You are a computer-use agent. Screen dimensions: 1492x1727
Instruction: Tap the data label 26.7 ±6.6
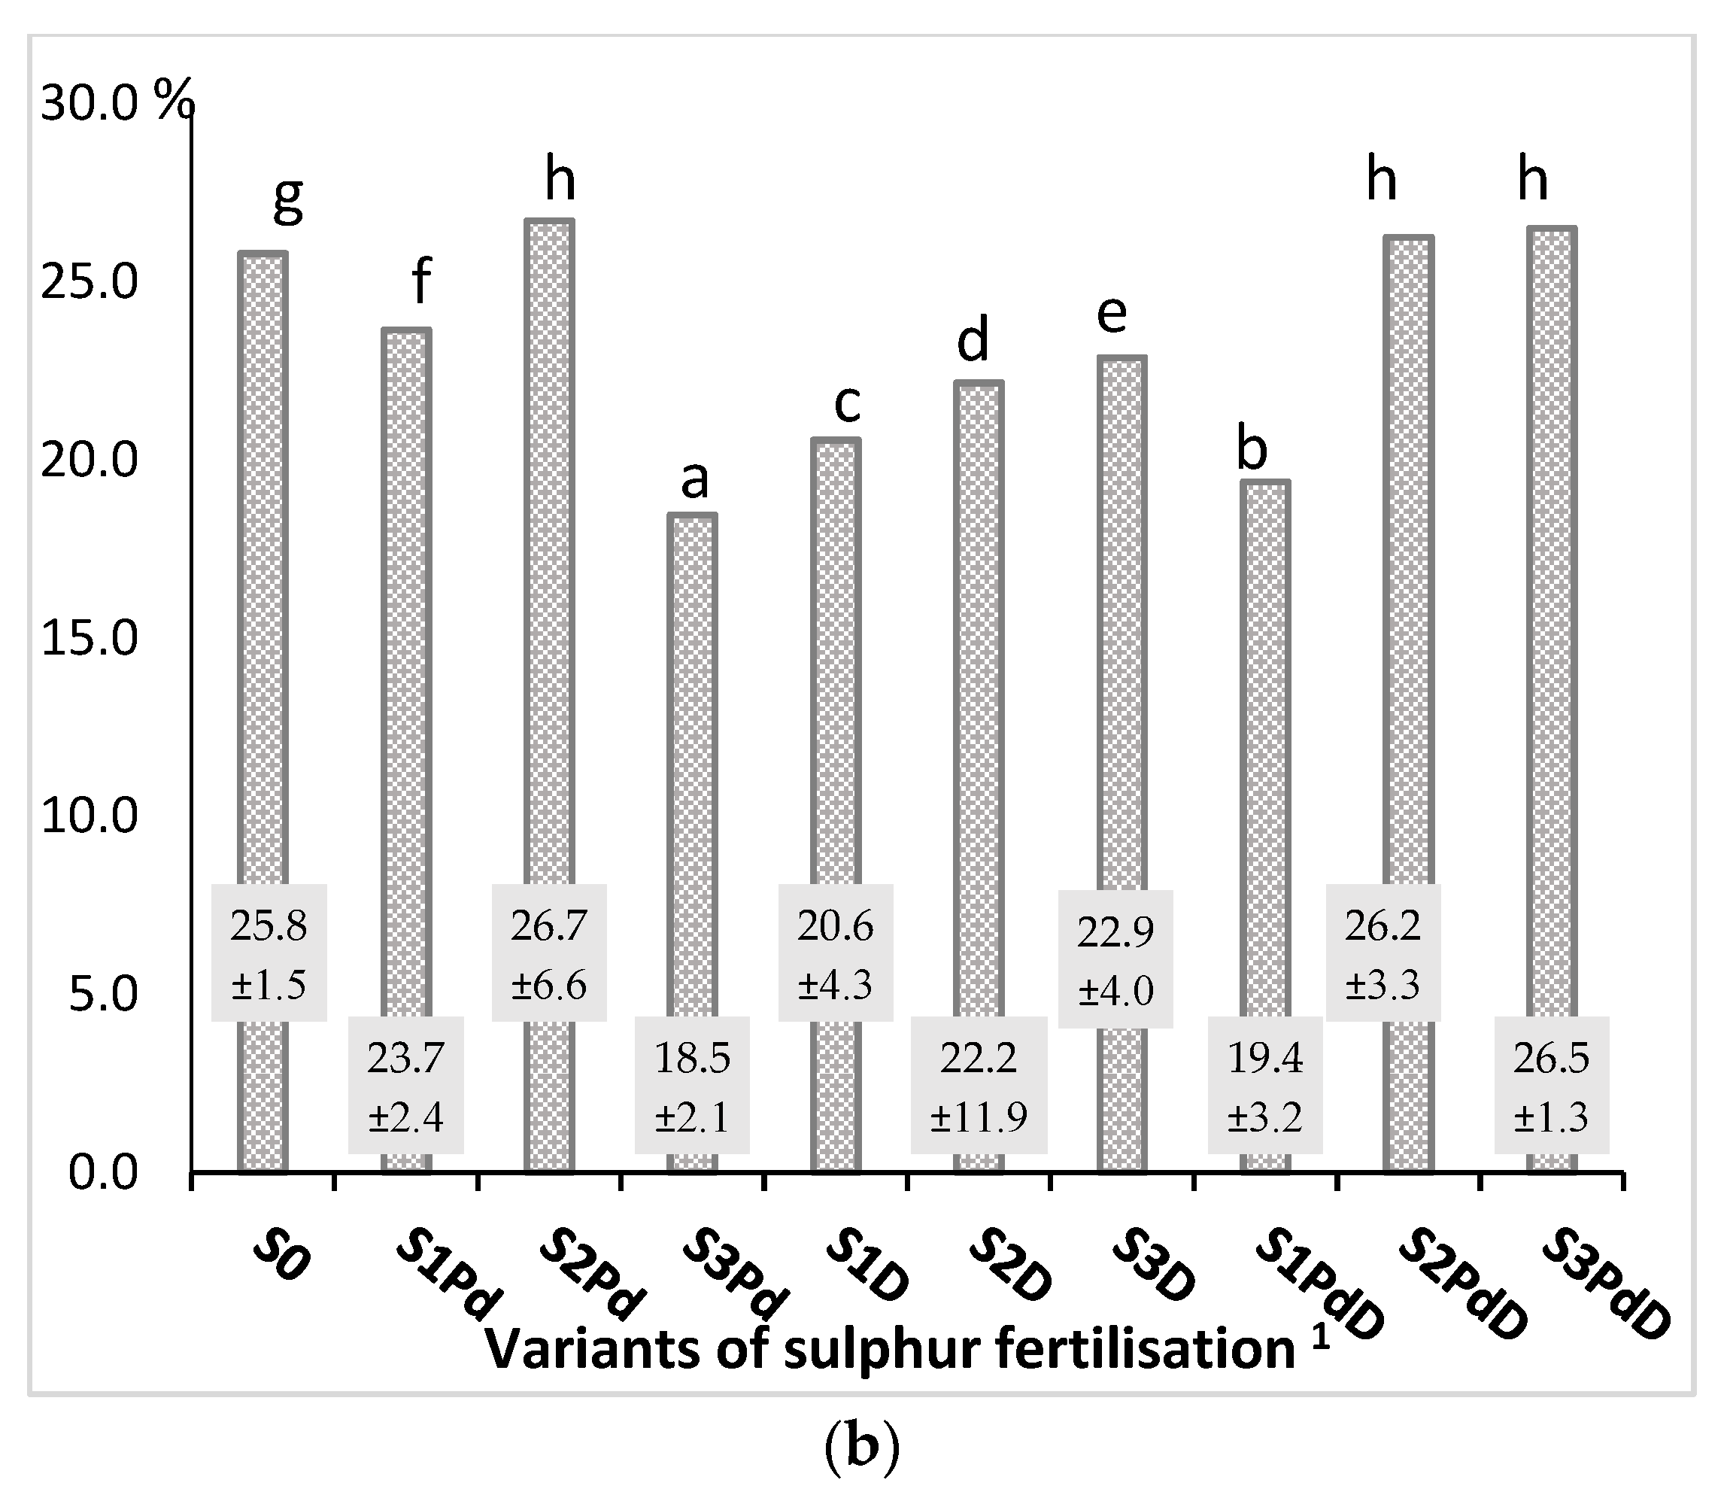(x=549, y=953)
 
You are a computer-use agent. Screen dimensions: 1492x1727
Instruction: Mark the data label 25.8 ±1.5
(x=269, y=953)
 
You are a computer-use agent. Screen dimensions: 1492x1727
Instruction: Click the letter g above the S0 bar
(x=287, y=200)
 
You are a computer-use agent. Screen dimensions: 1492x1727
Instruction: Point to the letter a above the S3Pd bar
(x=694, y=479)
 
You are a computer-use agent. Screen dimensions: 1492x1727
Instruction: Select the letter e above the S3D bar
(x=1112, y=315)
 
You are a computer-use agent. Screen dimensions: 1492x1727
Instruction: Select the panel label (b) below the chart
(x=862, y=1448)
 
